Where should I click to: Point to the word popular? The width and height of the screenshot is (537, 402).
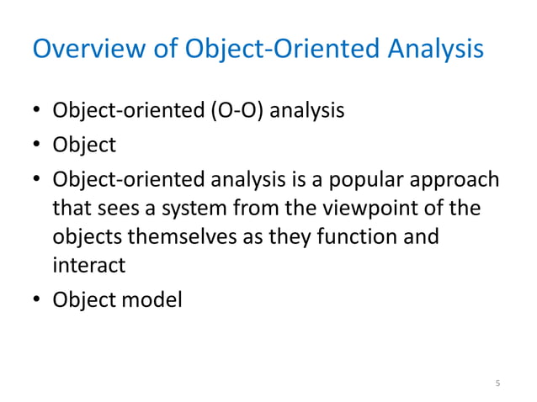coord(361,181)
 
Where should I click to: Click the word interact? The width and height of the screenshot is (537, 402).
coord(88,266)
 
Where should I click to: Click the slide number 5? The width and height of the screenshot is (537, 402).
coord(497,384)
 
